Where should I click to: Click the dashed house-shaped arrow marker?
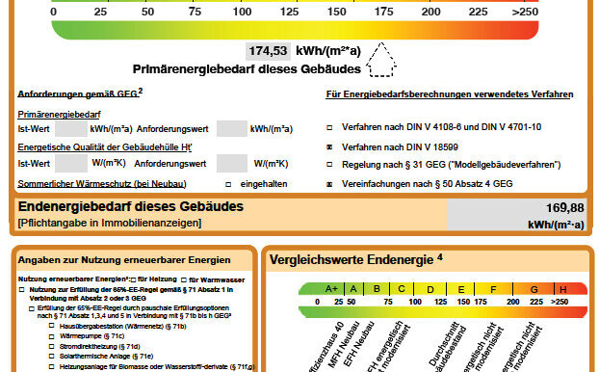383,60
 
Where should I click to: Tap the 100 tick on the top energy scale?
241,12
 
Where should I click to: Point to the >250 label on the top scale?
526,12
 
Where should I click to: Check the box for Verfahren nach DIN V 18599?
329,146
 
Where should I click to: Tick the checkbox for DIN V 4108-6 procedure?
329,127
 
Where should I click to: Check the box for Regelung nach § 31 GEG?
329,164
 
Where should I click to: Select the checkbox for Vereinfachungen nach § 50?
329,182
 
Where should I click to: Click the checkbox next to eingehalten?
227,183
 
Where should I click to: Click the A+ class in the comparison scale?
331,288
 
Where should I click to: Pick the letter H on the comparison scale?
561,288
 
